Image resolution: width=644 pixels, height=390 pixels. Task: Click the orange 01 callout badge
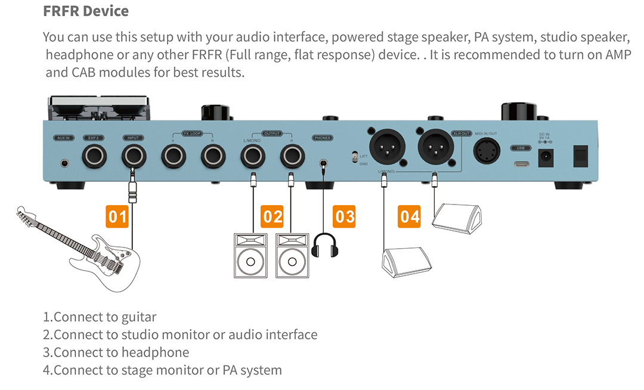[x=117, y=216]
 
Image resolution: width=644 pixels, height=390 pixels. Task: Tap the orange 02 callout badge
[x=272, y=216]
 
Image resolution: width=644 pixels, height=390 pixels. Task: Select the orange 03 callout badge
[x=345, y=216]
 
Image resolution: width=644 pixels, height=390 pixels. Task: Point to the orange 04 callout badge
[x=410, y=216]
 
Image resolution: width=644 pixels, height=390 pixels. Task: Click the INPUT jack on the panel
[x=134, y=157]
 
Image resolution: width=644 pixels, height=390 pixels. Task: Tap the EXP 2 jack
[x=94, y=157]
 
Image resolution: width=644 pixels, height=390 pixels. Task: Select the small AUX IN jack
[x=63, y=162]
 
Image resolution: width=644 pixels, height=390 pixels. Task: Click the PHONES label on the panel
[x=323, y=138]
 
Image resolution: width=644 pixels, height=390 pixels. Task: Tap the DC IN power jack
[x=544, y=158]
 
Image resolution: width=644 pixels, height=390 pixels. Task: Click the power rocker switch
[x=579, y=156]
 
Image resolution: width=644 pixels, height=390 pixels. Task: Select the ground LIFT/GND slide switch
[x=355, y=157]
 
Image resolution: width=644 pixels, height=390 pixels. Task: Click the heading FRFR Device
[x=86, y=11]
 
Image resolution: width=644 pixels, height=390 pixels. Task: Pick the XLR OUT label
[x=462, y=133]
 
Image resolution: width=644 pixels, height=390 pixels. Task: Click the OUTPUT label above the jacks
[x=273, y=134]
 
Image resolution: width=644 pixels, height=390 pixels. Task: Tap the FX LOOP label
[x=193, y=134]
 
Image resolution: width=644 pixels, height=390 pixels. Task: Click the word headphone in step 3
[x=155, y=352]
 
